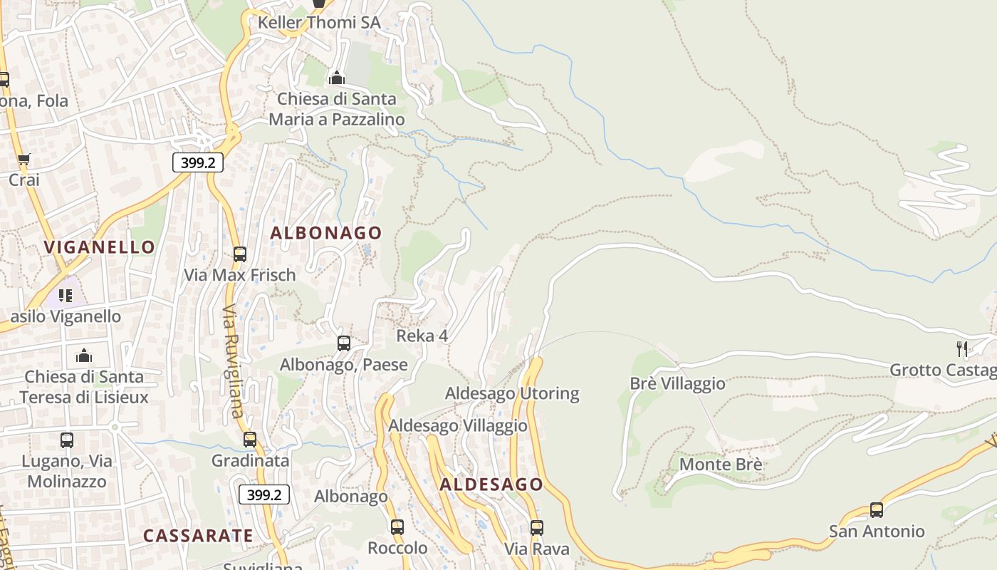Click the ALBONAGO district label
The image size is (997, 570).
point(325,233)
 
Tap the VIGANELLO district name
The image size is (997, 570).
point(99,247)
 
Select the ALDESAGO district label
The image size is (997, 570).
point(491,484)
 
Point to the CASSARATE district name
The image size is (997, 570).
point(198,536)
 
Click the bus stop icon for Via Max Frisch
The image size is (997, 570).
point(240,254)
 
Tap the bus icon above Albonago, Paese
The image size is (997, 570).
point(344,343)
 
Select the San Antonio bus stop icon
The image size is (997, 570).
point(876,510)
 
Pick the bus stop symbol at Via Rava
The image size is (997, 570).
point(537,528)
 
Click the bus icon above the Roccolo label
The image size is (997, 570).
point(397,527)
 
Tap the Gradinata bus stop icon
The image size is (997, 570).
point(250,440)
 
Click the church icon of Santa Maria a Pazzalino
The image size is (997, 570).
point(336,78)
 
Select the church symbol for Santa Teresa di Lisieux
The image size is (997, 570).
point(84,355)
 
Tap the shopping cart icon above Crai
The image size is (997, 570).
point(24,160)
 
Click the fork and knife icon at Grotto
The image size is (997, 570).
point(962,348)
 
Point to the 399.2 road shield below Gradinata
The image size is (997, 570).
point(264,494)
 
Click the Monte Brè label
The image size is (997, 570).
point(721,465)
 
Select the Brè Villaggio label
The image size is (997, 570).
point(677,383)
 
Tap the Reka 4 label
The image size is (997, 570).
point(422,336)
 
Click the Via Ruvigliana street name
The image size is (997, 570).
point(233,362)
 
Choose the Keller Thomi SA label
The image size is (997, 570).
point(319,23)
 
